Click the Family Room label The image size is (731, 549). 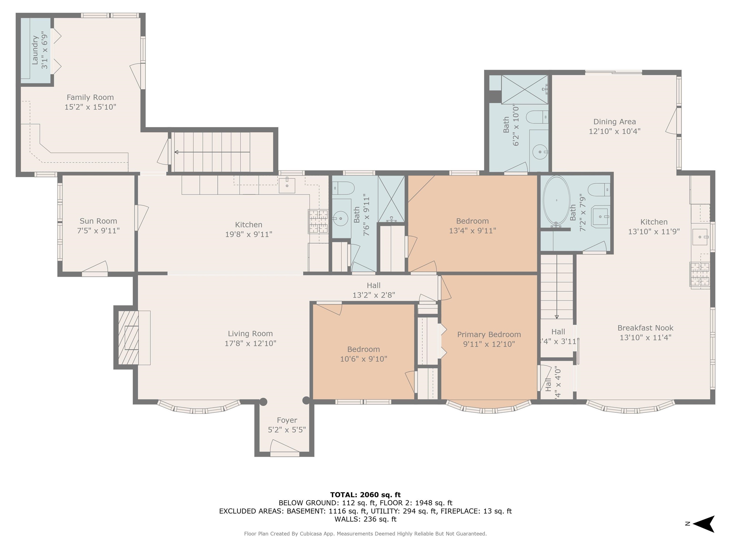coord(90,97)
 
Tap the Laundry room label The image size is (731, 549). coord(35,50)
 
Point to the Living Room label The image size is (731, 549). coord(250,334)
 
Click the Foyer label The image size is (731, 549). coord(287,420)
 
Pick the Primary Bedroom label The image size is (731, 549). coord(489,335)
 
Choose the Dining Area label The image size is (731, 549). coord(615,122)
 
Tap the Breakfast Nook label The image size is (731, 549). coord(645,328)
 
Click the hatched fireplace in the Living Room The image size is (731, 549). coord(128,338)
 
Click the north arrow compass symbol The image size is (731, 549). coord(704,524)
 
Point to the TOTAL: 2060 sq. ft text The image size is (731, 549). coord(365,495)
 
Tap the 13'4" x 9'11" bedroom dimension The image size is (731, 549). coord(473,231)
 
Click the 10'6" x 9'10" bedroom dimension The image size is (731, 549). coord(364,359)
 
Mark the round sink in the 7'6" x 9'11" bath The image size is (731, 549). coord(340,219)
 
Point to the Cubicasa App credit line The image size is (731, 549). coord(365,534)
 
